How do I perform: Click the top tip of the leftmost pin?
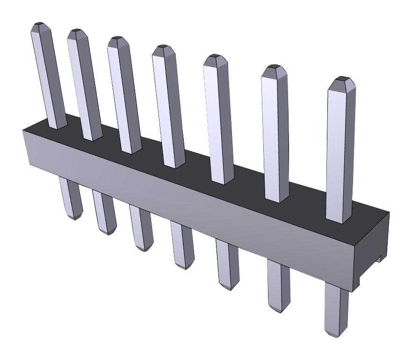[x=40, y=24]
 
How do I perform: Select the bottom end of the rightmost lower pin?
[x=336, y=333]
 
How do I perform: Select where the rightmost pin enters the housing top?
[x=339, y=219]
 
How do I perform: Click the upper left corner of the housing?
[x=23, y=131]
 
